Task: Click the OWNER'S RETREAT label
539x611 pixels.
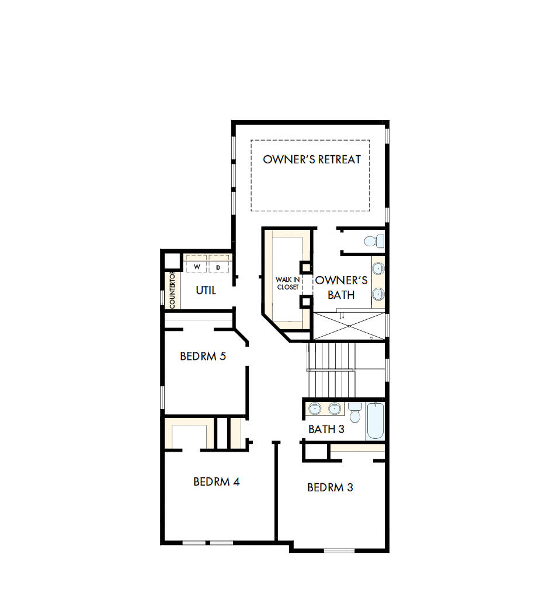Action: pos(312,159)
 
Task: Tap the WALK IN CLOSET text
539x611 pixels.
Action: pos(287,283)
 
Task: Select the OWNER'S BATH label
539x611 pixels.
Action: pos(341,287)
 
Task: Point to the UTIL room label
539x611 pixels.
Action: pos(206,290)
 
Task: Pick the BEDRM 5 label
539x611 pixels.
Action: pos(203,356)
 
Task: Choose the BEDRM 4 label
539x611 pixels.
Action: pos(217,481)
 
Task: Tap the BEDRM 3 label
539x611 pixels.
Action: pos(330,487)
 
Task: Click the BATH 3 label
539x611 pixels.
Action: pos(326,429)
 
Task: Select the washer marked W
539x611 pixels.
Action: pos(197,267)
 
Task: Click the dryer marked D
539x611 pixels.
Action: pos(218,267)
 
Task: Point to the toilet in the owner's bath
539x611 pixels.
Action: pos(374,240)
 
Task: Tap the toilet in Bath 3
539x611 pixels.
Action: pos(355,413)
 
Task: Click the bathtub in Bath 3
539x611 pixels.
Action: pos(375,420)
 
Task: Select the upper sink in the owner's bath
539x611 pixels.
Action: pos(378,269)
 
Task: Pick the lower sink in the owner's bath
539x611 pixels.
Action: pos(378,293)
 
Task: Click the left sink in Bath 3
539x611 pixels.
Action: pos(315,409)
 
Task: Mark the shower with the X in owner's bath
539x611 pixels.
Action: pos(349,326)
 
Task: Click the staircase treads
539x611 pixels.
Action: pos(331,368)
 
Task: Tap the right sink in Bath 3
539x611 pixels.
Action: pos(335,409)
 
